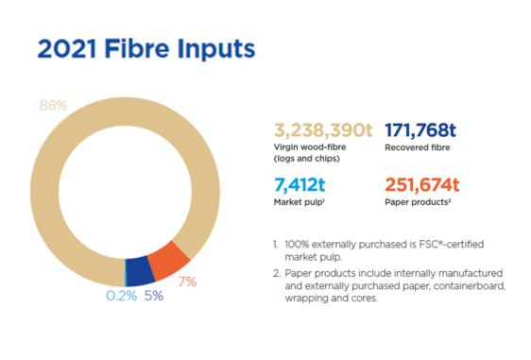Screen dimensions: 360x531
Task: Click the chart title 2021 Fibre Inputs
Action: [146, 50]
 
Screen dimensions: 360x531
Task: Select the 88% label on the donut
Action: [53, 106]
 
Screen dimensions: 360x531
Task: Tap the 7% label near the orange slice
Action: [187, 281]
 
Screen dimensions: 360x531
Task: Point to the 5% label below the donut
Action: [153, 295]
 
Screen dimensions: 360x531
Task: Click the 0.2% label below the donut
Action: [120, 295]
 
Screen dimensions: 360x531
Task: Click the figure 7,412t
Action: [300, 184]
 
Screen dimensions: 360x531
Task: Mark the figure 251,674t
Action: [420, 184]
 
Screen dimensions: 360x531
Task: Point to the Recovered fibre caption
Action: [417, 147]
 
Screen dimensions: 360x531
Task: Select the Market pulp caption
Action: [296, 202]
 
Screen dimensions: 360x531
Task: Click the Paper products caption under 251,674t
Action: [417, 202]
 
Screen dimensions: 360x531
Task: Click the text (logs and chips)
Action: [305, 159]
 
